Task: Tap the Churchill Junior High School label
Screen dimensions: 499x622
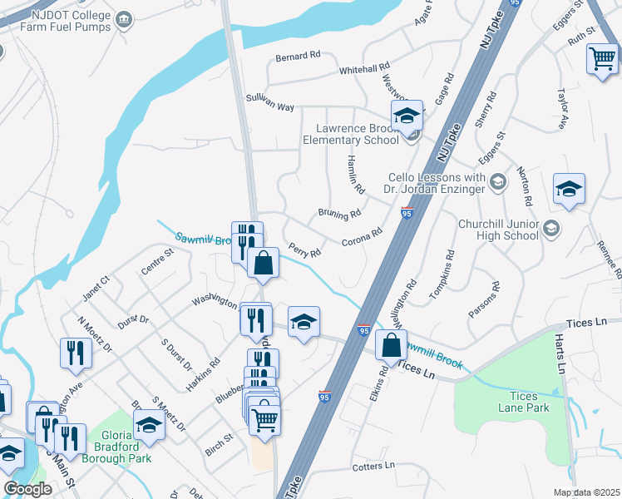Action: coord(498,230)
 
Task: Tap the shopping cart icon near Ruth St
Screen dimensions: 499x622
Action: coord(602,59)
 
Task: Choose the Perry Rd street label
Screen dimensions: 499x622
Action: coord(304,249)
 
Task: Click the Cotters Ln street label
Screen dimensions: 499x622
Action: coord(373,467)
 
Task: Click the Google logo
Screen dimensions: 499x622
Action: coord(27,489)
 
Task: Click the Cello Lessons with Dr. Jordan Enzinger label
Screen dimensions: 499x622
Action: coord(434,183)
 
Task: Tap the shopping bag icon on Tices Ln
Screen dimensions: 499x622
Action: coord(391,345)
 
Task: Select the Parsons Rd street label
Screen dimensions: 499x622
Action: coord(484,299)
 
